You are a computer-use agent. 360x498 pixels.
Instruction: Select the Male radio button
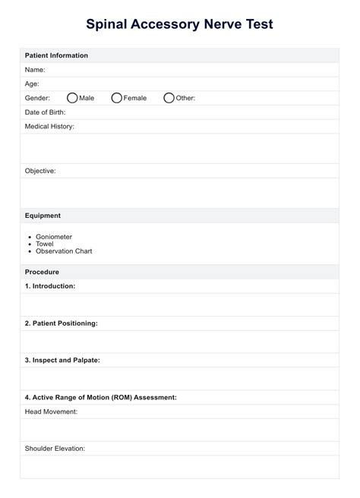72,98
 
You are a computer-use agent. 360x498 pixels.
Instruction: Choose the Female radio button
117,98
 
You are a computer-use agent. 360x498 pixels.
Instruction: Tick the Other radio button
169,98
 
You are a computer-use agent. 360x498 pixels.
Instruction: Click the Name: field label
36,69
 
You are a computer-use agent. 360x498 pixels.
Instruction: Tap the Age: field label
33,84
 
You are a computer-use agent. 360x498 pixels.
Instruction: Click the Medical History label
49,126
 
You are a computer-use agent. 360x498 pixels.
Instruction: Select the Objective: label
40,171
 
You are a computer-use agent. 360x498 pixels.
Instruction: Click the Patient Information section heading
56,55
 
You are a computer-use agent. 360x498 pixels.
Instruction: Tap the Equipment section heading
43,216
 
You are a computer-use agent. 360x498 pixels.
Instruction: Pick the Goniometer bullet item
54,237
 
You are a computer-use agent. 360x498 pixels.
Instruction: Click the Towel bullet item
45,244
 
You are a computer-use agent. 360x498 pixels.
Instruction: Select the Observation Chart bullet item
64,251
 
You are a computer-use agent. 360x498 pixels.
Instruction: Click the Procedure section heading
42,272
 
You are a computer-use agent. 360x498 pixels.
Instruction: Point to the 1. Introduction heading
50,286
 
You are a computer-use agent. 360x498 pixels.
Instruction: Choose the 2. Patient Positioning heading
61,323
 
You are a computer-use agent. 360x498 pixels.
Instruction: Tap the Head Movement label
51,411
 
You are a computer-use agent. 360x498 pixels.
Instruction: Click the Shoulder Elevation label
55,449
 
